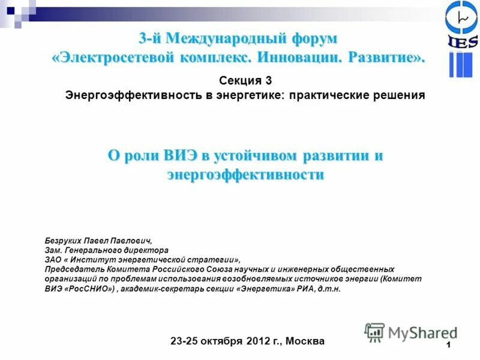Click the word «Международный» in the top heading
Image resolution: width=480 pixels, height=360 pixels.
(228, 38)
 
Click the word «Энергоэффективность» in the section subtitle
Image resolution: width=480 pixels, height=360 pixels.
(132, 95)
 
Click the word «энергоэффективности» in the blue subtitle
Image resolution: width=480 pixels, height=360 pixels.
(245, 175)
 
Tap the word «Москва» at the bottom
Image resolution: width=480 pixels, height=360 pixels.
(305, 341)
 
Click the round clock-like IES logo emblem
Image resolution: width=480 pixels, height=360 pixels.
(461, 18)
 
